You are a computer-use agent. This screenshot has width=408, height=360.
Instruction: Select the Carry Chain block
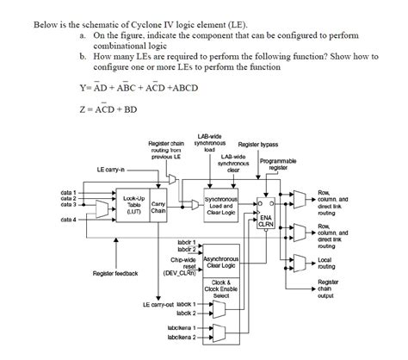click(158, 204)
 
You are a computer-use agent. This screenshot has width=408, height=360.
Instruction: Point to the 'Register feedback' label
click(114, 273)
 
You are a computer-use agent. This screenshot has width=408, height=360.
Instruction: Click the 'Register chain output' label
click(328, 289)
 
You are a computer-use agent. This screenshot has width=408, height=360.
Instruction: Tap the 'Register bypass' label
click(257, 144)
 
